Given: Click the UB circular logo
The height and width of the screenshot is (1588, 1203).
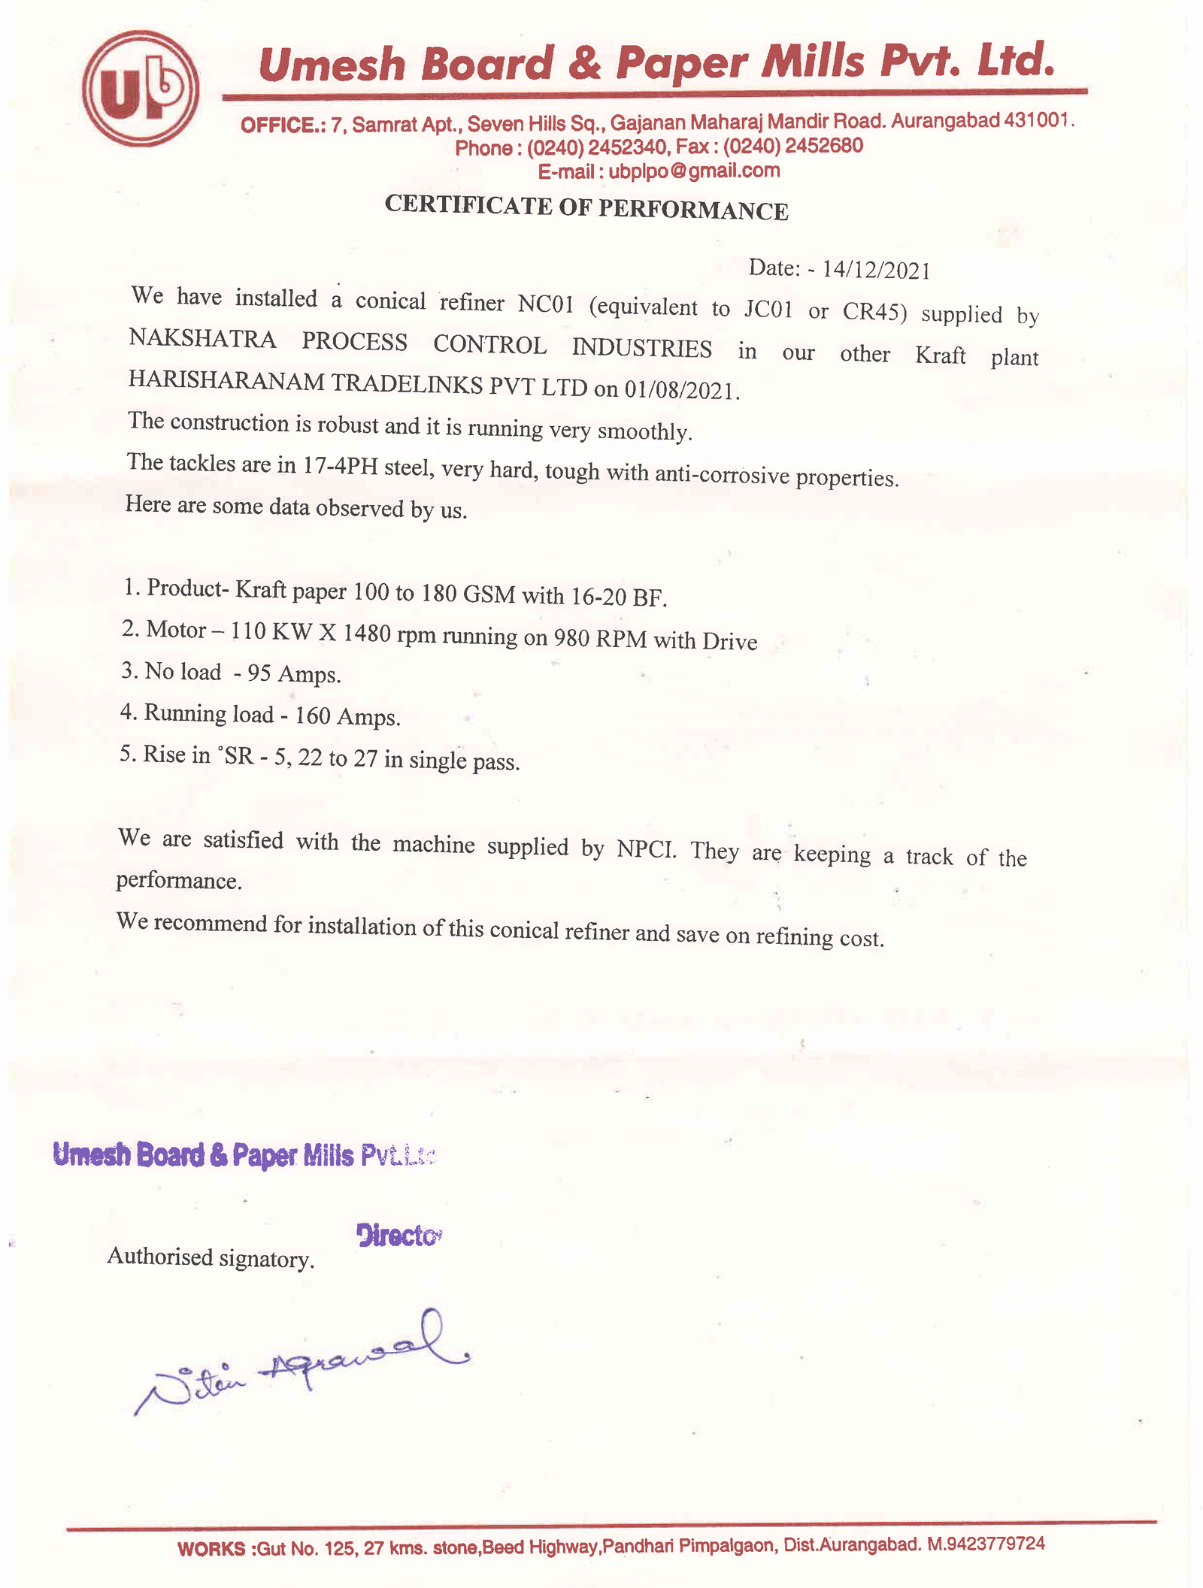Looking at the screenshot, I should (x=141, y=88).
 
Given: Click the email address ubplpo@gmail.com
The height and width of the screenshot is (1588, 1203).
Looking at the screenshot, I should (x=694, y=171).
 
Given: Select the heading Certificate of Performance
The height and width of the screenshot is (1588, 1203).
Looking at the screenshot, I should (x=586, y=207).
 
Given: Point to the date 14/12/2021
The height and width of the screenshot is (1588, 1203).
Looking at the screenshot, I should (x=876, y=270).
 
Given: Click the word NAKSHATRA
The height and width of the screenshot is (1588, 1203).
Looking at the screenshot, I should (x=202, y=339).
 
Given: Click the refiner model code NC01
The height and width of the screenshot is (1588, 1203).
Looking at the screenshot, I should (x=546, y=304).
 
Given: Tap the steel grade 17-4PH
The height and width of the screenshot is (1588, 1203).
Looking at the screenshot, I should (x=340, y=466).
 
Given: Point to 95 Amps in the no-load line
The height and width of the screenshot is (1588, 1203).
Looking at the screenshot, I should (x=294, y=673).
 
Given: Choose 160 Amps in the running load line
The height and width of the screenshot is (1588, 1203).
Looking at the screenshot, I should (x=347, y=716).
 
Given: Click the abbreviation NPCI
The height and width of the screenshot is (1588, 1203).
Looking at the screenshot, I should (x=646, y=849).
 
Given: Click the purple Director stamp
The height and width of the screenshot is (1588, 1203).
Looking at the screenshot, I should (x=398, y=1235).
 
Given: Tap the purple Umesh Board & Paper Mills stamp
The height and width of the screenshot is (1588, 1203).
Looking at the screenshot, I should (x=244, y=1155).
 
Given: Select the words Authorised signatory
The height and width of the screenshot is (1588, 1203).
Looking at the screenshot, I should (x=211, y=1257).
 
